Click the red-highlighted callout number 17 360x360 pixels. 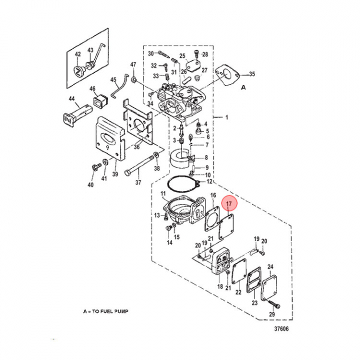pyautogui.click(x=229, y=203)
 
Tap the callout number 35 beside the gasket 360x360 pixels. pyautogui.click(x=252, y=74)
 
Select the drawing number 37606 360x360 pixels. pyautogui.click(x=281, y=329)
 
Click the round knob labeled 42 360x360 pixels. pyautogui.click(x=78, y=71)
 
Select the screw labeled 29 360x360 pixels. pyautogui.click(x=274, y=304)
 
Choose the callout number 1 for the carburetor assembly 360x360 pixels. pyautogui.click(x=227, y=117)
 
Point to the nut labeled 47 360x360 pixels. pyautogui.click(x=134, y=79)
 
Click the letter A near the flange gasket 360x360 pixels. pyautogui.click(x=243, y=87)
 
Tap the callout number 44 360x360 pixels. pyautogui.click(x=72, y=98)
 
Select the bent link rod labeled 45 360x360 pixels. pyautogui.click(x=119, y=86)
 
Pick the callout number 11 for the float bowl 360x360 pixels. pyautogui.click(x=163, y=193)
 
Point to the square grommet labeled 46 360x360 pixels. pyautogui.click(x=100, y=101)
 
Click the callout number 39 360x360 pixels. pyautogui.click(x=115, y=174)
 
